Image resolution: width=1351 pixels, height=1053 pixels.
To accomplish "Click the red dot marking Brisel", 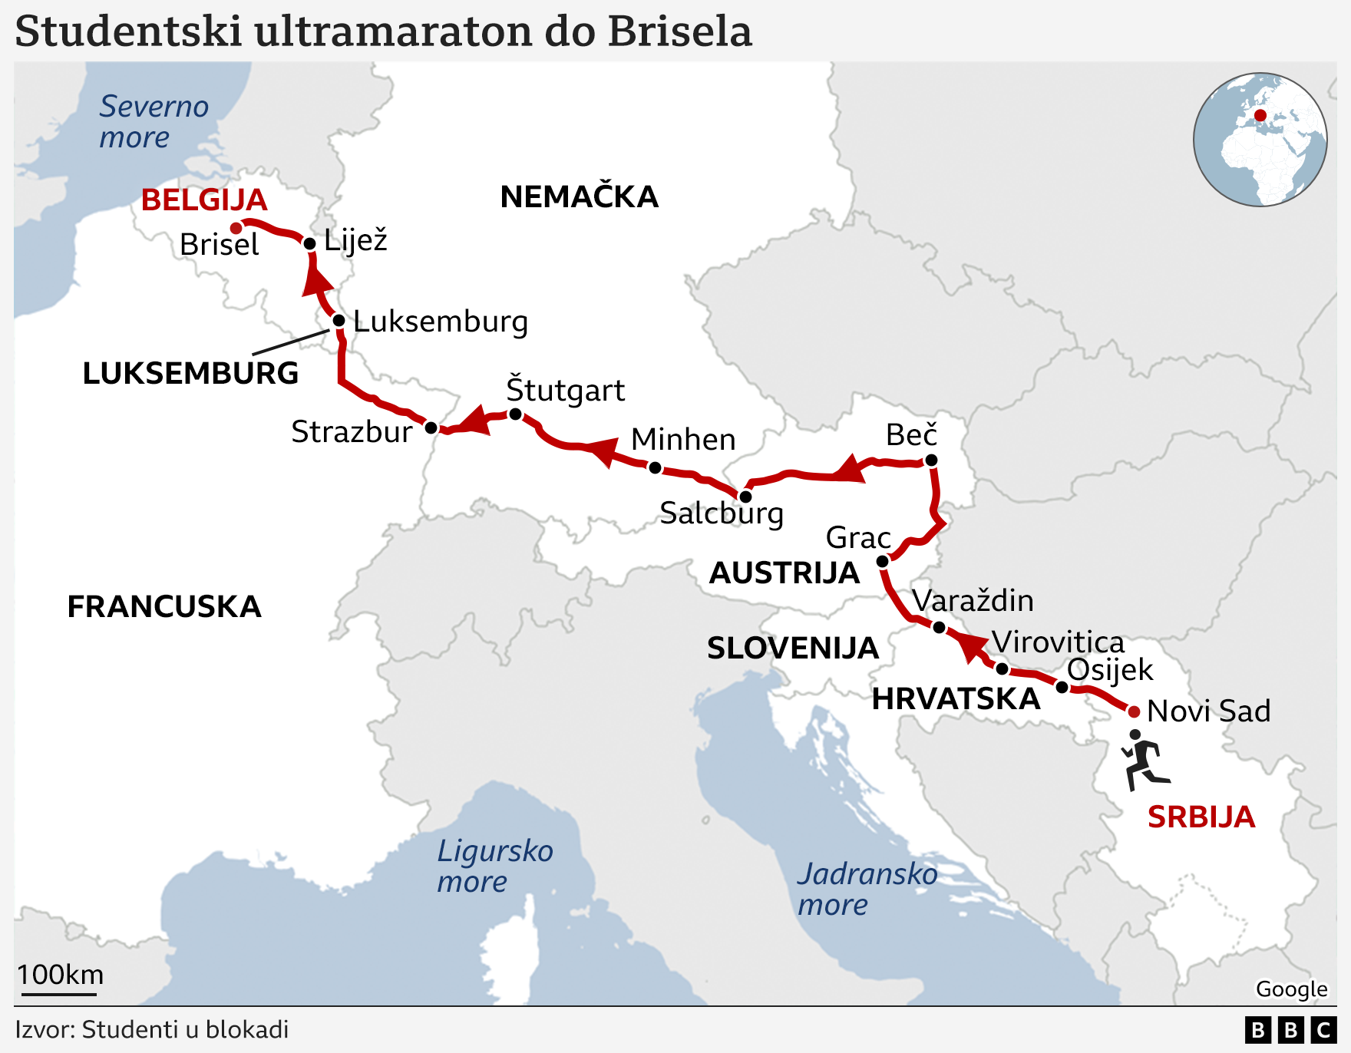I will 236,228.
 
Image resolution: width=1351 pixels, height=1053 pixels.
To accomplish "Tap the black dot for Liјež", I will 310,244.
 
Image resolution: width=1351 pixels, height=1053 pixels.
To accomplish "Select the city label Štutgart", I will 565,390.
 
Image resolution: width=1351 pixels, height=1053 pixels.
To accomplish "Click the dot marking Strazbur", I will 431,427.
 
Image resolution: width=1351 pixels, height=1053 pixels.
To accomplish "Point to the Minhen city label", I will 683,440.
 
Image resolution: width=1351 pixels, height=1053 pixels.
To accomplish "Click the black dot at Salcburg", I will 745,497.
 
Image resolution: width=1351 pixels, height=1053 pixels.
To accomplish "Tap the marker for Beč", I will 931,460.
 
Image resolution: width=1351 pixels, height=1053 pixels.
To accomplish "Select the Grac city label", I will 857,537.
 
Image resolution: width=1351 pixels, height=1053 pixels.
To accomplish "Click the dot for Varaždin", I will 939,628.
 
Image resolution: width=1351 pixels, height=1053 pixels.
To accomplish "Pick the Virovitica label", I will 1057,642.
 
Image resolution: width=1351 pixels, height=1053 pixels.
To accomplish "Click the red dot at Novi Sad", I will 1134,712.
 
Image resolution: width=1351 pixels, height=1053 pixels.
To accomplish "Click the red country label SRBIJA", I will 1201,817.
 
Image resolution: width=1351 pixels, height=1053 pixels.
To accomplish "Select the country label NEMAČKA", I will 579,197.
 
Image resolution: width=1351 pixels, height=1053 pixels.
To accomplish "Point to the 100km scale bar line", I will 59,995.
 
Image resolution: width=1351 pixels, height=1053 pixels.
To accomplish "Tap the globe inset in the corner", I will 1260,140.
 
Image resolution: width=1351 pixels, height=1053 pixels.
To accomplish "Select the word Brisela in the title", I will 679,32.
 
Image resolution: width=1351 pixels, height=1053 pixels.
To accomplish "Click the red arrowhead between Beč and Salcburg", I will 851,469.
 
